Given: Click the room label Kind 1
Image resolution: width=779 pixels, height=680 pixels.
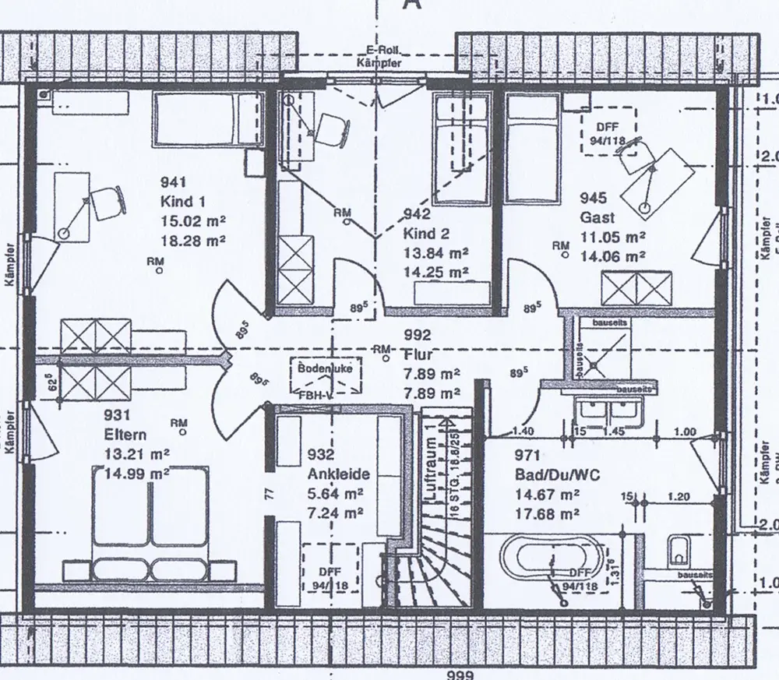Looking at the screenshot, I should (178, 203).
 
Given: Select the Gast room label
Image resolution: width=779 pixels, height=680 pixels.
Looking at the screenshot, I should (597, 217).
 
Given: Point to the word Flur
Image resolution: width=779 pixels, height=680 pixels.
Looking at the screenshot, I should (419, 354).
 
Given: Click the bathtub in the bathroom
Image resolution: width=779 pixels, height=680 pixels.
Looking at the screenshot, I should (550, 560).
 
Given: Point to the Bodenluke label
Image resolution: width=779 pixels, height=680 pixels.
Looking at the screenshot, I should (325, 368).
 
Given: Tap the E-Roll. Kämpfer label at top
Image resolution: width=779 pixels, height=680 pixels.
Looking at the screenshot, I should (379, 57).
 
